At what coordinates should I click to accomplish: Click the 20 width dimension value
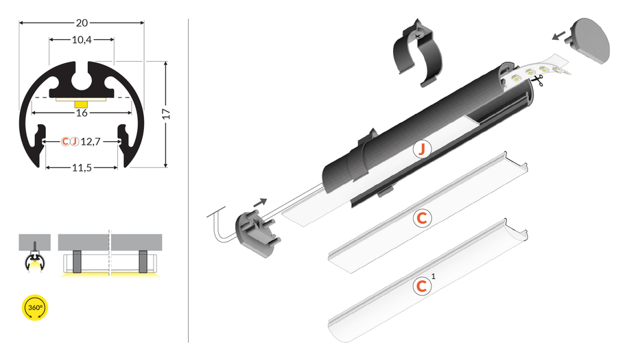pos(82,23)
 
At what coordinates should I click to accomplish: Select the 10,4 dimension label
pos(82,40)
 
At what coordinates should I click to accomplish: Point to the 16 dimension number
pos(82,113)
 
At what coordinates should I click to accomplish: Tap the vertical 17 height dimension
pos(167,114)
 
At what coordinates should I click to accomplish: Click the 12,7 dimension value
pos(91,141)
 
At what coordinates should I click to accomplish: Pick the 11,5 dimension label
pos(82,168)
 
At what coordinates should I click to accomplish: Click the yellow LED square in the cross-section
pos(81,104)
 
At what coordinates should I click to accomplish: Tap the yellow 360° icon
pos(35,308)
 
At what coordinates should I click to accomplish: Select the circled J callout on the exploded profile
pos(421,149)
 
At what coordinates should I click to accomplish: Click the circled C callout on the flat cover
pos(422,218)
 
